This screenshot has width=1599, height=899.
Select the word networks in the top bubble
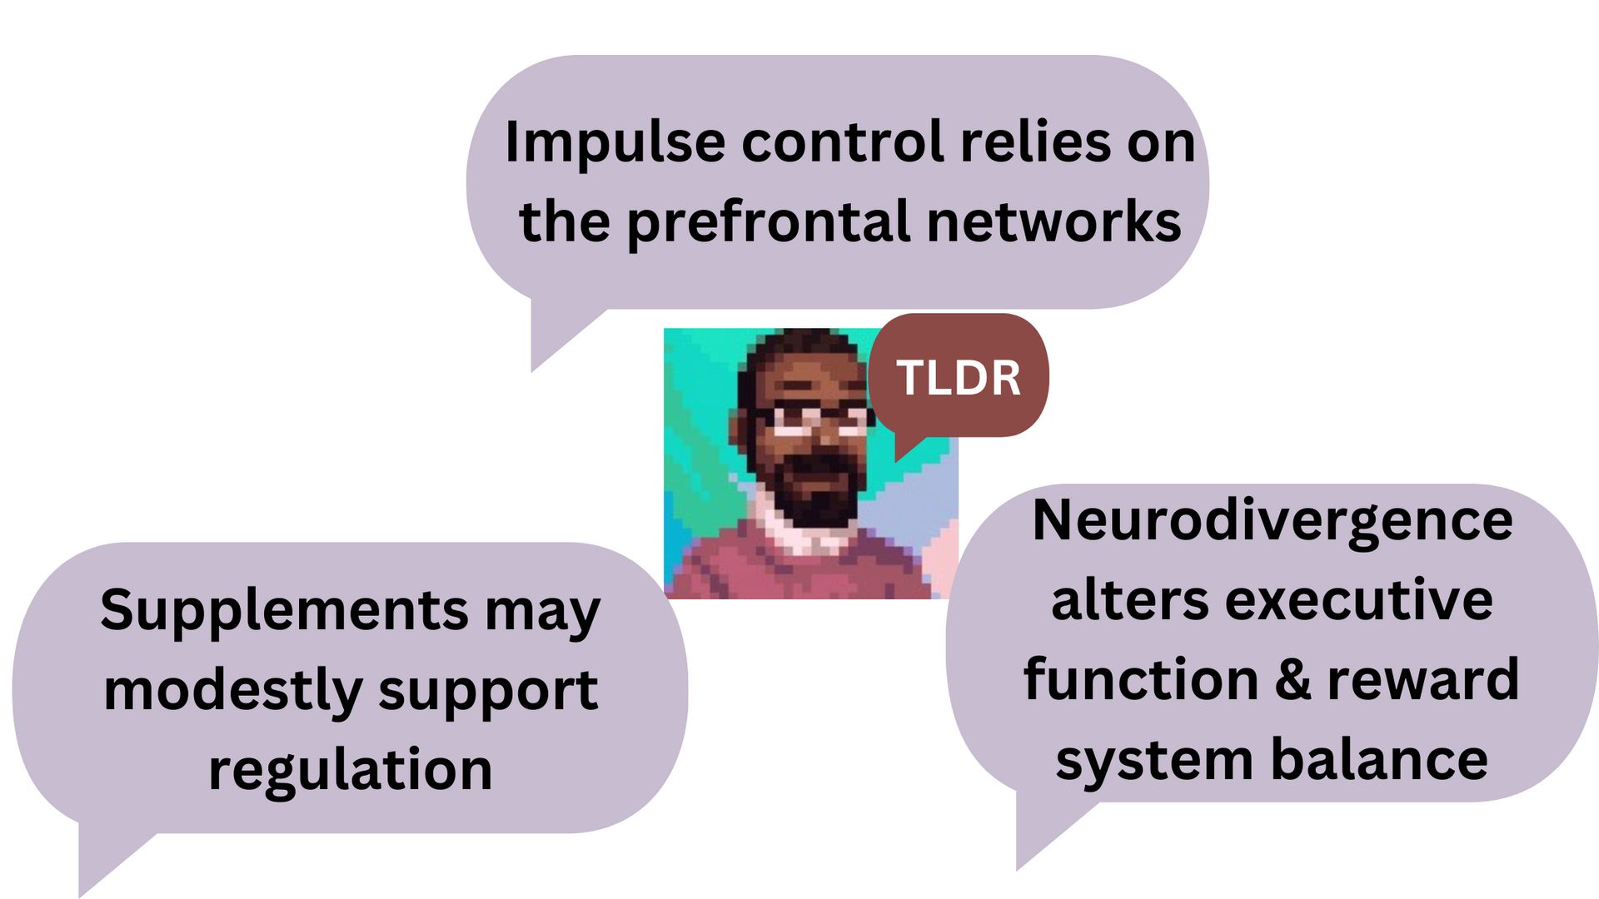pyautogui.click(x=1054, y=222)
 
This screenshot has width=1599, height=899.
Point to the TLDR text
pyautogui.click(x=959, y=378)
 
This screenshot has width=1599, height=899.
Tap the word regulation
pyautogui.click(x=350, y=770)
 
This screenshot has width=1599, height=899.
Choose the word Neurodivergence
pyautogui.click(x=1272, y=522)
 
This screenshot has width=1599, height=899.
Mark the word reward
pyautogui.click(x=1423, y=679)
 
